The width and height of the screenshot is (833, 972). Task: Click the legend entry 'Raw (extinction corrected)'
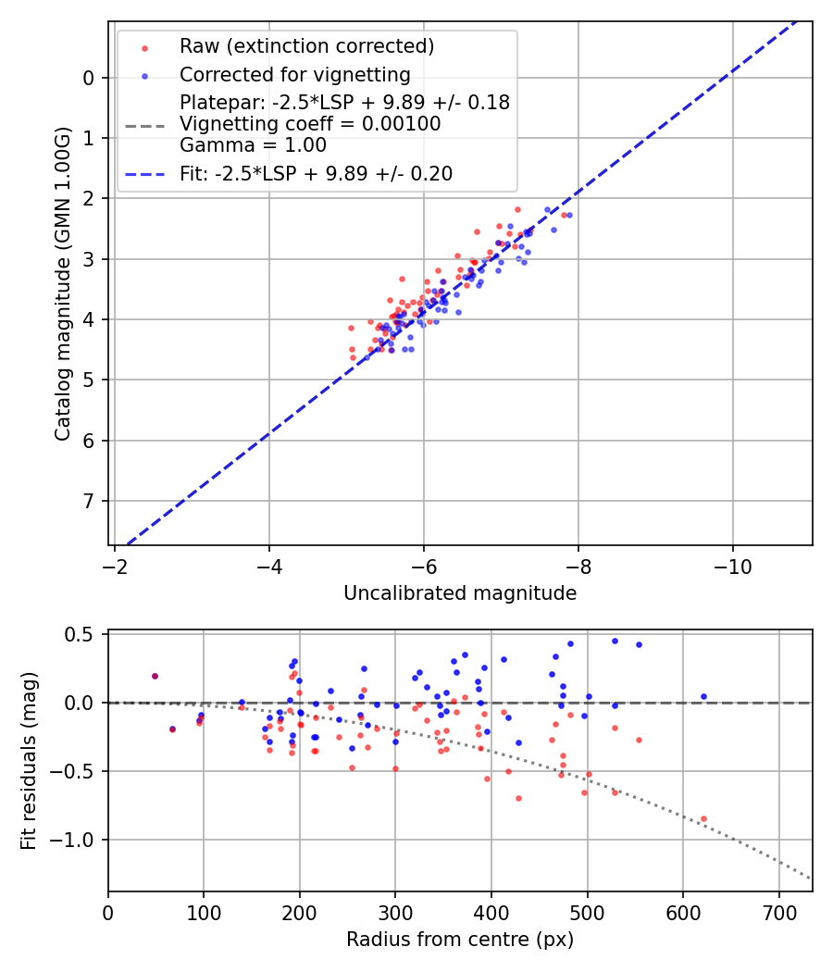pos(306,46)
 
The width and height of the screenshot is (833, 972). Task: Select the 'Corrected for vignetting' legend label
pos(294,74)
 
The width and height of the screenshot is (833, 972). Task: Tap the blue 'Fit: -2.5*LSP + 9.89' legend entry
pos(316,173)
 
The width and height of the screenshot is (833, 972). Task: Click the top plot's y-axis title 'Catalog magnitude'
pos(62,283)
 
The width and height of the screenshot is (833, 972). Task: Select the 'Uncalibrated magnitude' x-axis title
pos(460,593)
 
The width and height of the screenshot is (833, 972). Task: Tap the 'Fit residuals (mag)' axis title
pos(28,761)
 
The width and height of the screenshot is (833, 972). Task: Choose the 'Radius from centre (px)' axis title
pos(460,940)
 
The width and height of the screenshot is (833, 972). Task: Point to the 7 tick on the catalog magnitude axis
pos(89,501)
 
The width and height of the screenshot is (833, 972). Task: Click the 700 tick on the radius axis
pos(778,912)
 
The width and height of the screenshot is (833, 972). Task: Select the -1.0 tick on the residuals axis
pos(78,840)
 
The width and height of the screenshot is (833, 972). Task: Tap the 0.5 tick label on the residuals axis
pos(83,634)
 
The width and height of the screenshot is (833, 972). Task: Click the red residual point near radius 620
pos(703,818)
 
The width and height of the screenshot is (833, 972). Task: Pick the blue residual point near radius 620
pos(703,696)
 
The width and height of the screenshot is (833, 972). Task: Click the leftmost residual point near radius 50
pos(155,676)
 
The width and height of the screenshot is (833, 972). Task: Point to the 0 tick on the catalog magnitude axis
pos(89,78)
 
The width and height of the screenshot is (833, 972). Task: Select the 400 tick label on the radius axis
pos(491,912)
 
